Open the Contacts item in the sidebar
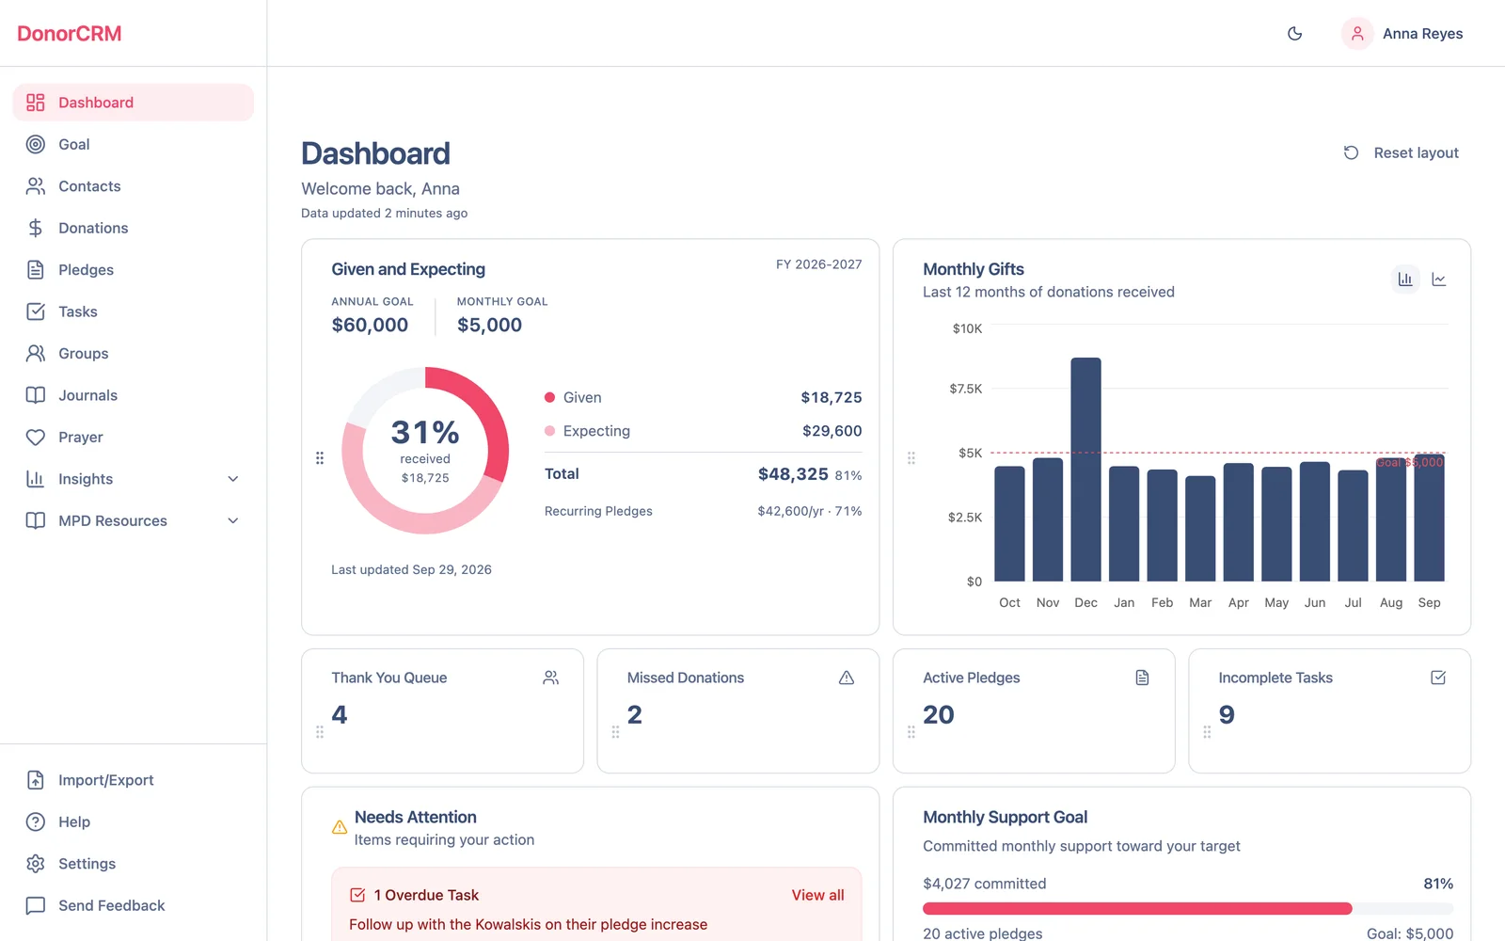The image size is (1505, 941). click(x=89, y=186)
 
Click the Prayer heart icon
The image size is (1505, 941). click(x=36, y=437)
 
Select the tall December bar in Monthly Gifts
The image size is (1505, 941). click(x=1085, y=470)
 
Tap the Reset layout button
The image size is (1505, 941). click(x=1402, y=152)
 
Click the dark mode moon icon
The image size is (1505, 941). click(x=1294, y=34)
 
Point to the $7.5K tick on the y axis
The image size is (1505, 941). click(x=965, y=389)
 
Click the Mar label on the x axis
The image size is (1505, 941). click(x=1200, y=602)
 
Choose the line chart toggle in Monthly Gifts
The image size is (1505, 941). click(x=1438, y=279)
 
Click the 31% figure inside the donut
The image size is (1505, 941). click(x=425, y=432)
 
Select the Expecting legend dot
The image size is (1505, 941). click(x=549, y=431)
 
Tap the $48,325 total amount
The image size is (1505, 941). click(x=793, y=474)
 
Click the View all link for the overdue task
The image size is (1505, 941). click(x=817, y=895)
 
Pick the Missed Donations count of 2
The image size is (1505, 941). click(x=635, y=714)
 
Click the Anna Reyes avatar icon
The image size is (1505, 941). click(x=1357, y=34)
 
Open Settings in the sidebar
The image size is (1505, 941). click(x=87, y=864)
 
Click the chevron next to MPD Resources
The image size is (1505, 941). click(x=233, y=521)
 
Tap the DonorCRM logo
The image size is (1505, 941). click(x=70, y=33)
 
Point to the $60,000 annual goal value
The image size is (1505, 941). click(x=370, y=325)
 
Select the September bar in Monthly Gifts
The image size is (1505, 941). click(x=1429, y=518)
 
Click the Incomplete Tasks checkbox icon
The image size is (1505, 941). click(x=1438, y=678)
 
